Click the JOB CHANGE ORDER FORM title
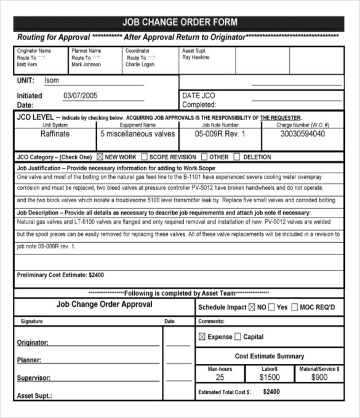pyautogui.click(x=179, y=23)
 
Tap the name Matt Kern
pyautogui.click(x=27, y=65)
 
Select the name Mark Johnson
pyautogui.click(x=86, y=65)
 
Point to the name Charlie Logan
pyautogui.click(x=140, y=65)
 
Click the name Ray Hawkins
pyautogui.click(x=196, y=58)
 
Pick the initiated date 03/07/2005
pyautogui.click(x=81, y=96)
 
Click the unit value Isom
pyautogui.click(x=52, y=81)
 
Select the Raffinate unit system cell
pyautogui.click(x=55, y=134)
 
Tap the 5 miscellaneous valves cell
pyautogui.click(x=137, y=134)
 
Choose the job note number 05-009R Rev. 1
pyautogui.click(x=220, y=134)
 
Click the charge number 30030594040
pyautogui.click(x=303, y=134)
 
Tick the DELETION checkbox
pyautogui.click(x=237, y=157)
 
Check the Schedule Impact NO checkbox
pyautogui.click(x=251, y=307)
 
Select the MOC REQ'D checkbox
pyautogui.click(x=295, y=307)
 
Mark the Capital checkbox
pyautogui.click(x=238, y=337)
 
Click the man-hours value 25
pyautogui.click(x=220, y=377)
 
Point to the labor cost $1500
pyautogui.click(x=270, y=377)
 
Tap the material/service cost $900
pyautogui.click(x=319, y=377)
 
